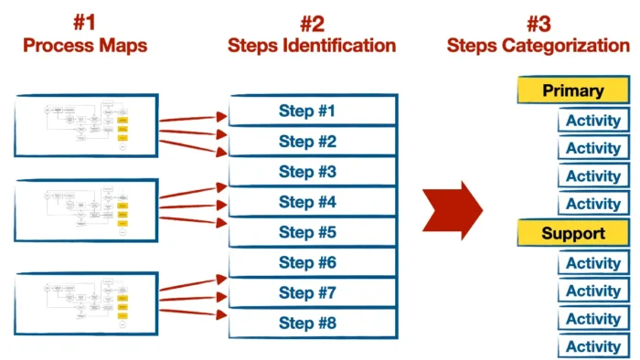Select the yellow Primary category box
[x=573, y=90]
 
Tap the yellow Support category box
[x=573, y=234]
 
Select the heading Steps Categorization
[x=539, y=45]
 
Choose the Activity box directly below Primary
[x=593, y=121]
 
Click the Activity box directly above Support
[x=593, y=204]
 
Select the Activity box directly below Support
[x=593, y=264]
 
